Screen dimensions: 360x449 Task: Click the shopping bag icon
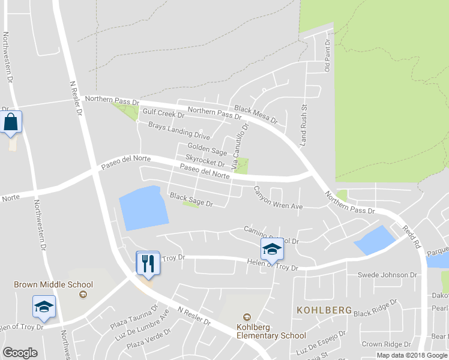pos(11,122)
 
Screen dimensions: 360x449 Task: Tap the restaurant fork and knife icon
pos(148,263)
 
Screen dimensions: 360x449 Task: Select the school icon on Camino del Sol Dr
pos(271,250)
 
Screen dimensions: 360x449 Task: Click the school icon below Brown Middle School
pos(44,307)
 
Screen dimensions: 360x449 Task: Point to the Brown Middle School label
pos(53,284)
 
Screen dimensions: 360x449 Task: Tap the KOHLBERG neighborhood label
pos(324,310)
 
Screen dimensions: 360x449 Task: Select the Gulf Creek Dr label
pos(163,113)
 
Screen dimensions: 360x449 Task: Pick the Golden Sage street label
pos(207,148)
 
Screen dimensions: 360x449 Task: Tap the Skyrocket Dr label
pos(205,160)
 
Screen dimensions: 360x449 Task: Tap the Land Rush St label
pos(304,124)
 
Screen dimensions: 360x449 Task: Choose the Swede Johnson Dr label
pos(387,275)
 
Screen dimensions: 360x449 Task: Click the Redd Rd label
pos(411,230)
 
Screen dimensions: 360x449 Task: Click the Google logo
pos(20,352)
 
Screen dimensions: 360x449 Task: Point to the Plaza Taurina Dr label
pos(133,318)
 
